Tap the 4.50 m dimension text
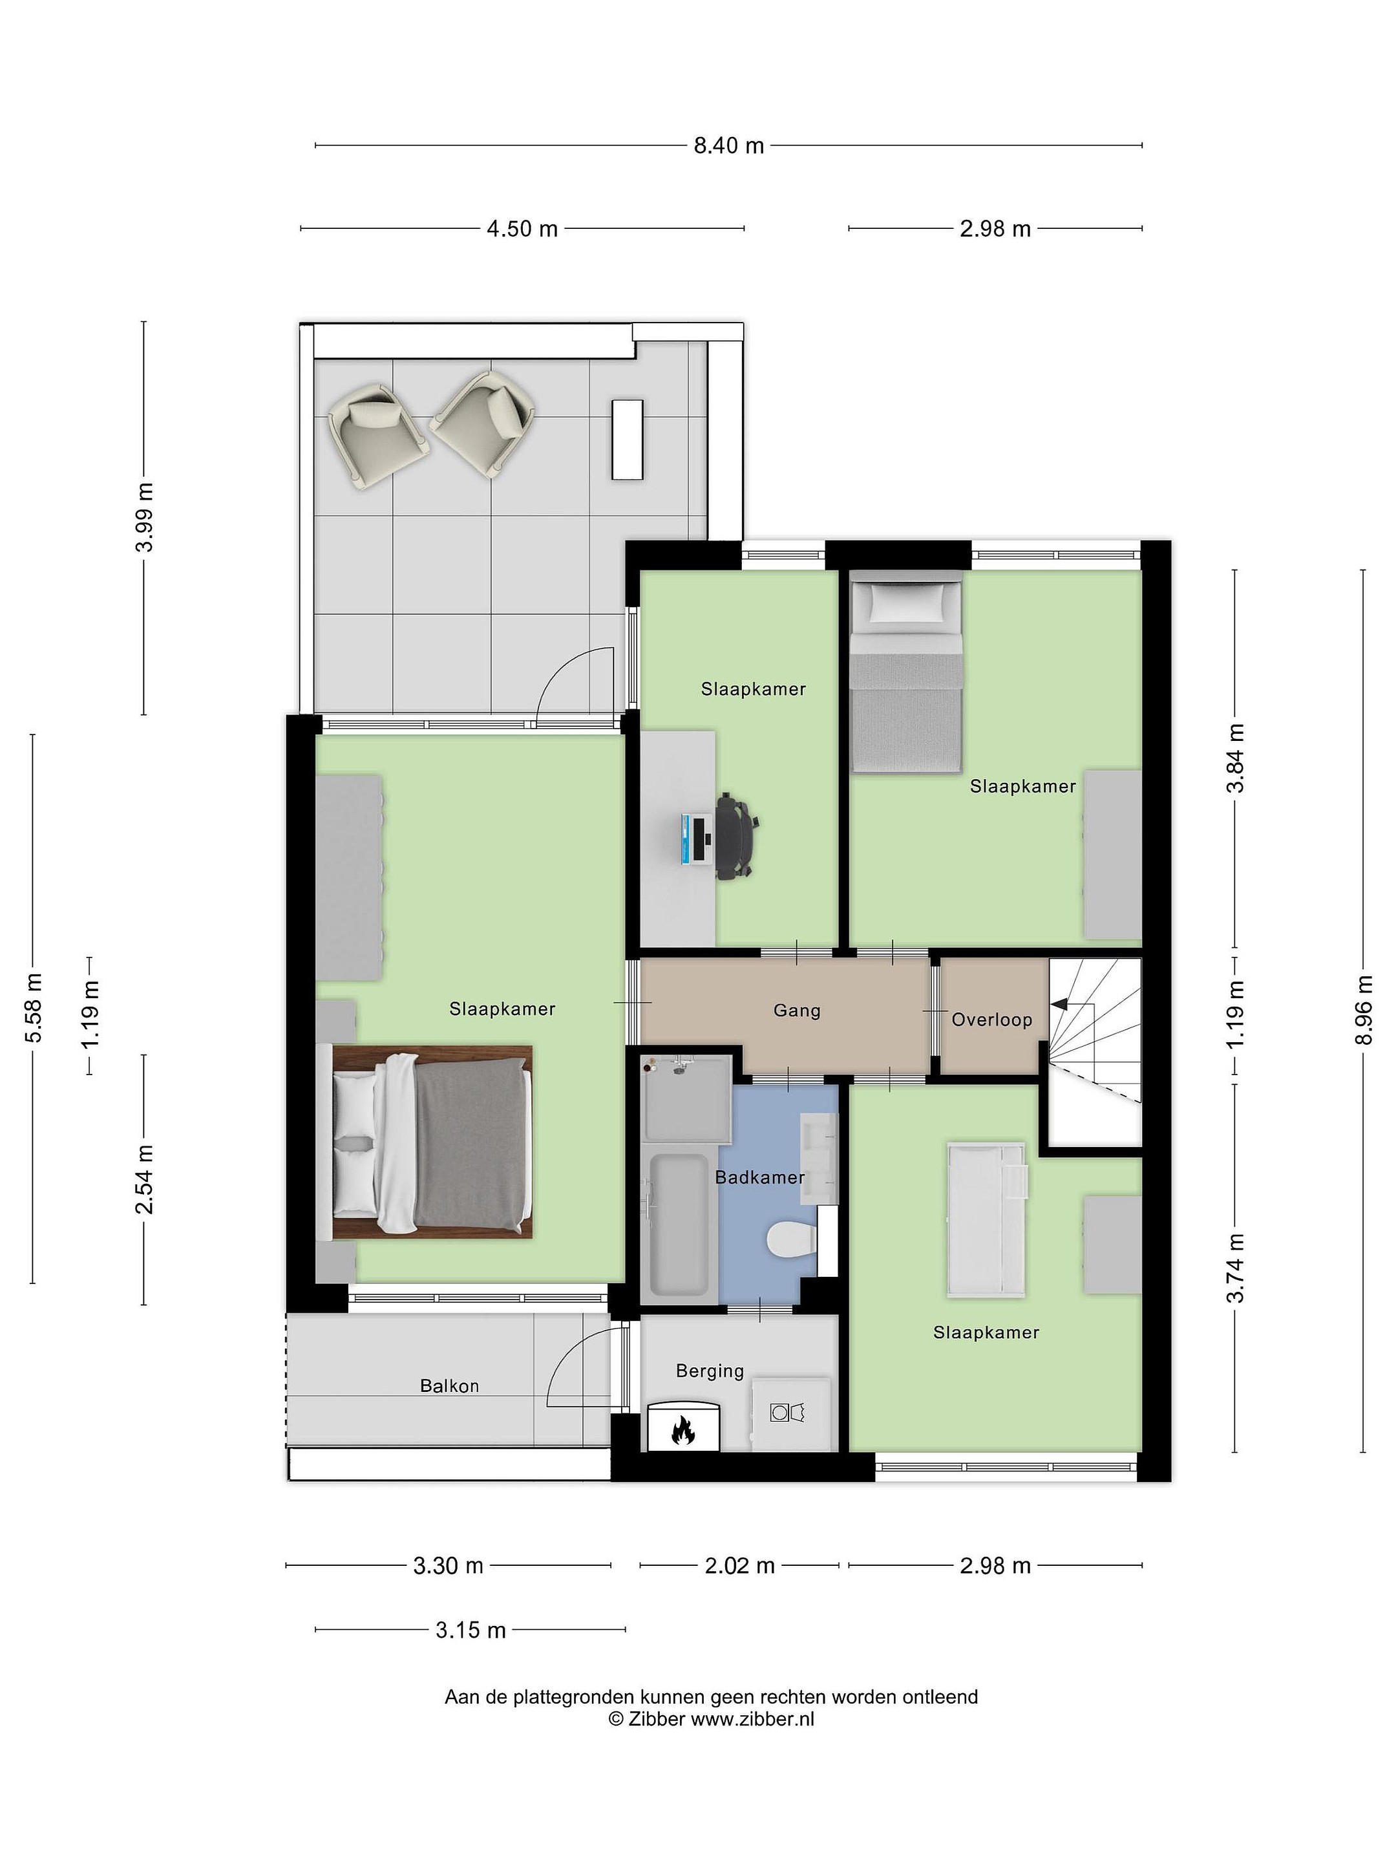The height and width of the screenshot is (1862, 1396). pyautogui.click(x=522, y=228)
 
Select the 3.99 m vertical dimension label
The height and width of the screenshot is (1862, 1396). pyautogui.click(x=145, y=517)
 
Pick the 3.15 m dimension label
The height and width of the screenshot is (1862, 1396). pyautogui.click(x=471, y=1630)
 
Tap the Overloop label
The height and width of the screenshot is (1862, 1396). pyautogui.click(x=991, y=1020)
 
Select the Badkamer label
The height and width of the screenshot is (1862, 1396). pyautogui.click(x=760, y=1177)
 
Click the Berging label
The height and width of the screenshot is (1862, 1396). pyautogui.click(x=710, y=1371)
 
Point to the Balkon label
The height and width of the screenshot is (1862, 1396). pyautogui.click(x=449, y=1386)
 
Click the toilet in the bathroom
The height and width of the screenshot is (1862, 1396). pyautogui.click(x=792, y=1239)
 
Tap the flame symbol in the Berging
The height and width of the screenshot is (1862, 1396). pyautogui.click(x=682, y=1429)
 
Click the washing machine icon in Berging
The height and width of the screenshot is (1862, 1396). pyautogui.click(x=788, y=1411)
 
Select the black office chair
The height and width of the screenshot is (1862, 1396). pyautogui.click(x=738, y=839)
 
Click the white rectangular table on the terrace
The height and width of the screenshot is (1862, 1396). pyautogui.click(x=627, y=440)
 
